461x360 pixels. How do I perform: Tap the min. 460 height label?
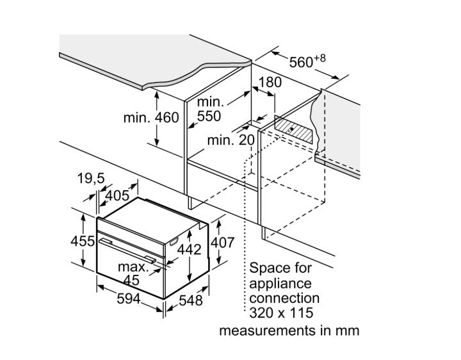coord(150,119)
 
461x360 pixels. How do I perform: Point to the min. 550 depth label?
coord(209,109)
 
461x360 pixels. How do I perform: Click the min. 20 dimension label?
coord(231,140)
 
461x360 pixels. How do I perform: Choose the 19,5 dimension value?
coord(90,179)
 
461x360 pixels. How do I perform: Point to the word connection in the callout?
coord(284,298)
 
